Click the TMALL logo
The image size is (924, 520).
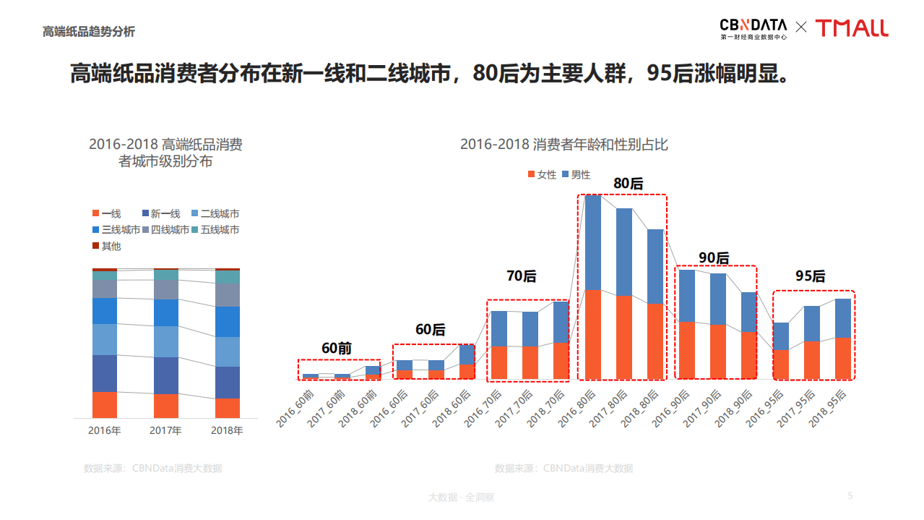(852, 28)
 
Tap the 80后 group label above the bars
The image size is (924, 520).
(628, 184)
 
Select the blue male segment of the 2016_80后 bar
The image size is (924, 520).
(593, 242)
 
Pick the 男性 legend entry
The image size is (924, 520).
(576, 174)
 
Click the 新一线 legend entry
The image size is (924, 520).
(160, 213)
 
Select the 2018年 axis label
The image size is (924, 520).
(227, 430)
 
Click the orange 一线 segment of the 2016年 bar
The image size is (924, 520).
(104, 404)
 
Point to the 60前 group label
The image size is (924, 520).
(336, 348)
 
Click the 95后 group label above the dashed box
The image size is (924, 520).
(810, 276)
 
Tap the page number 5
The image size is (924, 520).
(850, 495)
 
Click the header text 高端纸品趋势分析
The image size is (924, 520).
(89, 32)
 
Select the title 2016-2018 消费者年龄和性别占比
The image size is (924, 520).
(564, 145)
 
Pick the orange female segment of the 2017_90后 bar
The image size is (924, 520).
(717, 351)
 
